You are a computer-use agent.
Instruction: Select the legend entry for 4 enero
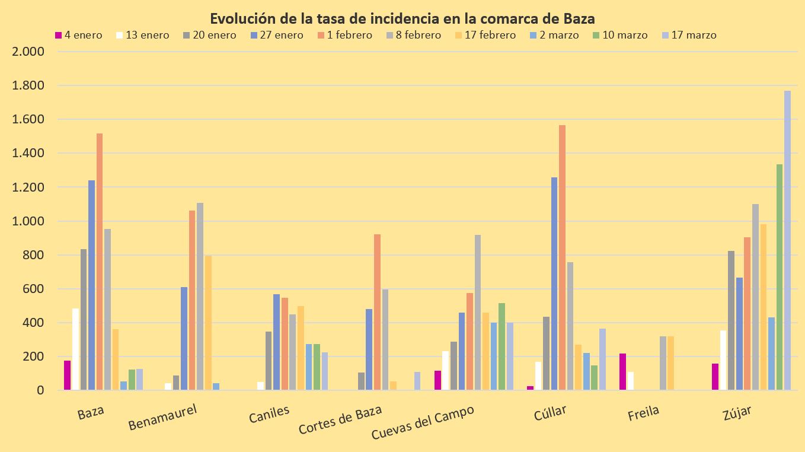pyautogui.click(x=78, y=35)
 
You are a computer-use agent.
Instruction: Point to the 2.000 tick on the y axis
pyautogui.click(x=28, y=52)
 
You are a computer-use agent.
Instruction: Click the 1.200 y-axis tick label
pyautogui.click(x=28, y=187)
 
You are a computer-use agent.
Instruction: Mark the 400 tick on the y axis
pyautogui.click(x=33, y=323)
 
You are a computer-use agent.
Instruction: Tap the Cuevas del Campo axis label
pyautogui.click(x=423, y=424)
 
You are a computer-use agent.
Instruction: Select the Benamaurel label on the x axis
pyautogui.click(x=162, y=416)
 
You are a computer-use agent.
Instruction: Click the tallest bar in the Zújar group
pyautogui.click(x=787, y=240)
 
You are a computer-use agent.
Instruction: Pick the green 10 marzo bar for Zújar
pyautogui.click(x=780, y=277)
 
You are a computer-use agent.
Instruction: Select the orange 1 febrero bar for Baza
pyautogui.click(x=100, y=262)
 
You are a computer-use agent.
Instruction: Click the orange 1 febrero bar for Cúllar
pyautogui.click(x=562, y=257)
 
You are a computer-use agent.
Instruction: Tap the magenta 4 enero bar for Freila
pyautogui.click(x=622, y=372)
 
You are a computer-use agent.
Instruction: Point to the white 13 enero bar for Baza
pyautogui.click(x=75, y=349)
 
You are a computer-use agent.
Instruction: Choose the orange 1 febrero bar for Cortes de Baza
pyautogui.click(x=377, y=312)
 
